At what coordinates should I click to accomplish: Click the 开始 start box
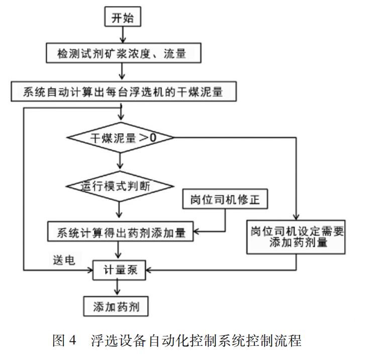(123, 17)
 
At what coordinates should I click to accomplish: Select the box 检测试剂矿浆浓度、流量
(124, 53)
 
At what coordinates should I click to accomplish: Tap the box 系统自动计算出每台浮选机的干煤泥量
(124, 92)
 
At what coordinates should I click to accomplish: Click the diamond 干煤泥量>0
(120, 137)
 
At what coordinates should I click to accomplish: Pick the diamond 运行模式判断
(120, 186)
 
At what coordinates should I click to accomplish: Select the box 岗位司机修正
(225, 199)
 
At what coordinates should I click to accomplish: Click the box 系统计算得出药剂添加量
(121, 231)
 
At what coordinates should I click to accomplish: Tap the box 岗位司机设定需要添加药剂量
(296, 237)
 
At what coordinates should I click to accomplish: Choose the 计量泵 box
(119, 270)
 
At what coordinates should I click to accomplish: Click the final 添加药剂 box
(116, 306)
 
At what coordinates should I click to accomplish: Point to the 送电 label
(64, 260)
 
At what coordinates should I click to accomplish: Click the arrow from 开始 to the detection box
(123, 35)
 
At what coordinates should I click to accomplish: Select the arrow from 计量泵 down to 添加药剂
(118, 288)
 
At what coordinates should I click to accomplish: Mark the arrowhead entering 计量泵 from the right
(148, 270)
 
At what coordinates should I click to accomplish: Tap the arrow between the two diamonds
(120, 162)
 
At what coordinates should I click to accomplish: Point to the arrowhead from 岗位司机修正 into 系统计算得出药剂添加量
(196, 231)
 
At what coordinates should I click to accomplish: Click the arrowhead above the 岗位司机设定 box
(296, 217)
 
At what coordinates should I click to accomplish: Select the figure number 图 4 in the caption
(64, 340)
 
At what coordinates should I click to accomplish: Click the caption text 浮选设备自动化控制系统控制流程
(196, 340)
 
